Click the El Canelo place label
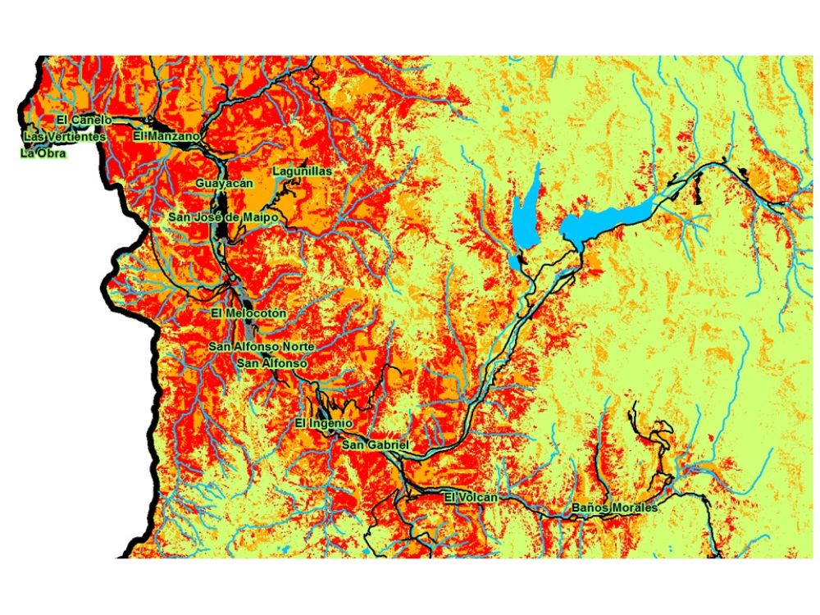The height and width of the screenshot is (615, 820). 84,121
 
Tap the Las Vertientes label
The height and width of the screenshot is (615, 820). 65,136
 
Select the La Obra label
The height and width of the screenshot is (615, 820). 42,153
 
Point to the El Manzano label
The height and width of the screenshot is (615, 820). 166,135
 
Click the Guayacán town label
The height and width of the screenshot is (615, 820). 223,184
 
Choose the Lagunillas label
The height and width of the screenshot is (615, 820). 302,171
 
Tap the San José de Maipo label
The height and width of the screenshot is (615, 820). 223,217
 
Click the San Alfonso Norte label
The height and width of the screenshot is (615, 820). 261,347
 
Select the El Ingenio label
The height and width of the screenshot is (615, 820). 323,423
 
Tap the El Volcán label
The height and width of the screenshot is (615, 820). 471,497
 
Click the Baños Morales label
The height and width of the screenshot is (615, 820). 615,508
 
